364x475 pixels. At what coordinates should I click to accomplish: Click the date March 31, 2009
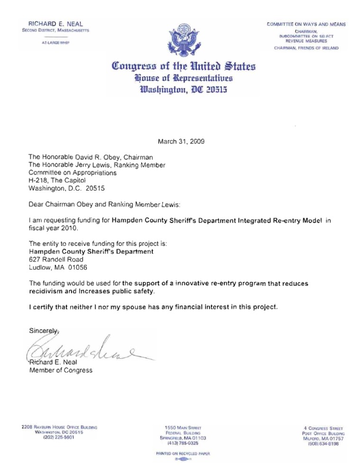(x=182, y=141)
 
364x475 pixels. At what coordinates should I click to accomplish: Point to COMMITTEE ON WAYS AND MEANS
(x=306, y=24)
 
